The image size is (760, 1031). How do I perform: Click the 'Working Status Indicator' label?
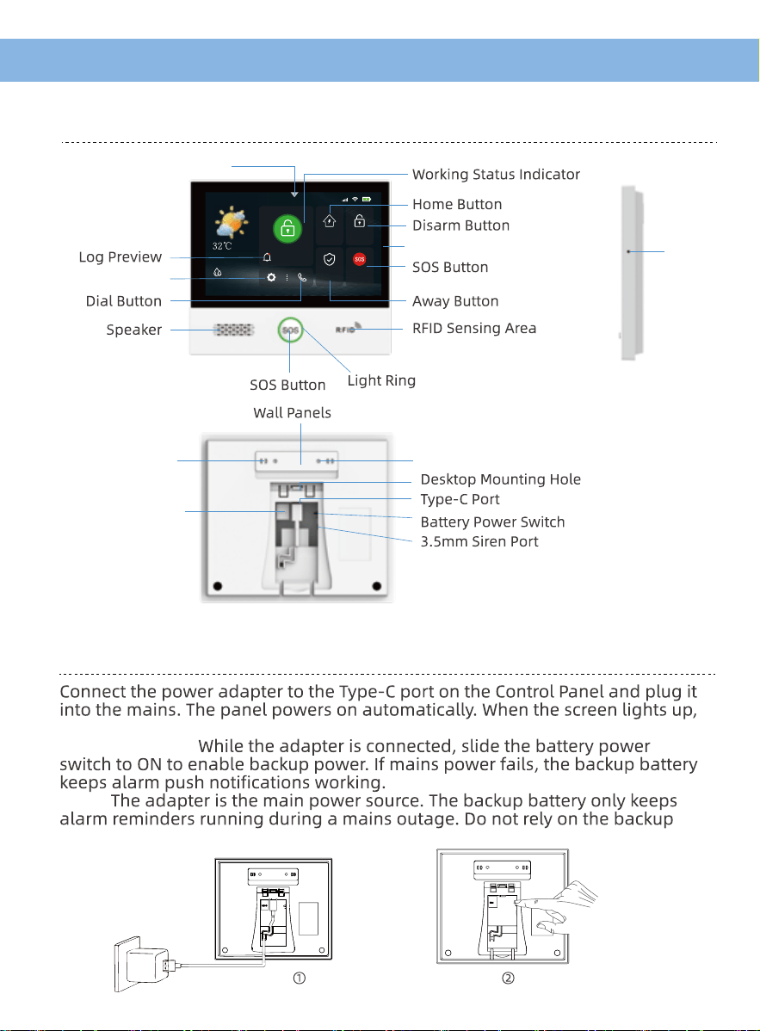tap(496, 174)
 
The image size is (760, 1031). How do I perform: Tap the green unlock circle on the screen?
tap(287, 229)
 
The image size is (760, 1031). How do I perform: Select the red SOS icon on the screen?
tap(359, 259)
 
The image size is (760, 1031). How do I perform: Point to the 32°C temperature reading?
tap(222, 246)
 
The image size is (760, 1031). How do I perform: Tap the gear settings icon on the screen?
tap(271, 277)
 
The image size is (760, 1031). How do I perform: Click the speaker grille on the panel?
tap(233, 330)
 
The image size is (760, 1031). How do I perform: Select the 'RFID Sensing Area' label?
tap(474, 328)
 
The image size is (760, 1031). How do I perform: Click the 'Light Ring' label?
tap(381, 380)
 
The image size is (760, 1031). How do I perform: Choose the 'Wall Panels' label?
tap(292, 413)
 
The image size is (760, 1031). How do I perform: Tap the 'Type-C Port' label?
tap(460, 500)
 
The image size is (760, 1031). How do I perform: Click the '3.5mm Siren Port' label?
tap(479, 542)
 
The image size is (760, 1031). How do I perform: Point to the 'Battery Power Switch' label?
tap(492, 522)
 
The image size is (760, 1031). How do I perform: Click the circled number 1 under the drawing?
tap(300, 979)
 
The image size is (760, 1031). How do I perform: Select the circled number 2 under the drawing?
tap(508, 979)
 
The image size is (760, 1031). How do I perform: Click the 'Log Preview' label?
tap(120, 257)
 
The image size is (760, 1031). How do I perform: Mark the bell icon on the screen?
tap(267, 257)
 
